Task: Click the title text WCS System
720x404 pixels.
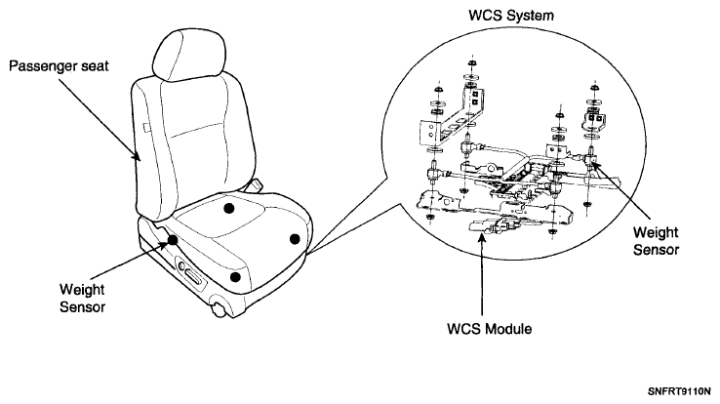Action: [510, 16]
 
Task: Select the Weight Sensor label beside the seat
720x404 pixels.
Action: [82, 299]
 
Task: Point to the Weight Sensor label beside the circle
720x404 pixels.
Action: [656, 241]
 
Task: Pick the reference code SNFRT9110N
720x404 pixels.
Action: [679, 392]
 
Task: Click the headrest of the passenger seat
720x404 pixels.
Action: [188, 56]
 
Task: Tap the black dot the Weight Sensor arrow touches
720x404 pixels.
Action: [173, 240]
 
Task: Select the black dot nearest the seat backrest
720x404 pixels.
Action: [228, 209]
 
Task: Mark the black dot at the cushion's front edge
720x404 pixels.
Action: [235, 277]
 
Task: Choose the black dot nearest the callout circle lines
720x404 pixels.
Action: [295, 239]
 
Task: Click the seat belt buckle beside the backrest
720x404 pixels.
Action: [253, 186]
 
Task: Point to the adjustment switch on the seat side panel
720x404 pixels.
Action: [189, 274]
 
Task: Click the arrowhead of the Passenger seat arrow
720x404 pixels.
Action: [137, 156]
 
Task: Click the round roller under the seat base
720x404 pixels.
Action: [220, 309]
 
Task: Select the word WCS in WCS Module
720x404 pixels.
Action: [463, 329]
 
